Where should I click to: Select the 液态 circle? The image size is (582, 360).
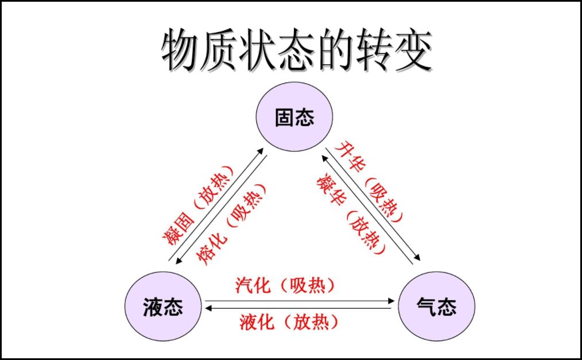162,307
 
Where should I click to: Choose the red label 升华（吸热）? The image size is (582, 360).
371,181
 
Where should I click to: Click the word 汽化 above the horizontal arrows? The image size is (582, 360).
253,285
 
